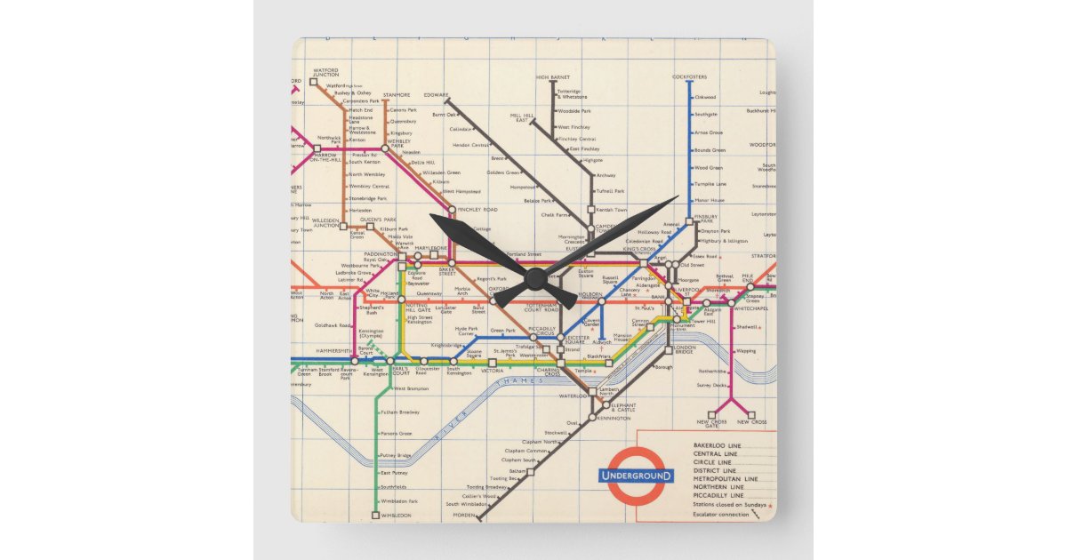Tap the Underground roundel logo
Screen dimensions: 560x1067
click(x=637, y=476)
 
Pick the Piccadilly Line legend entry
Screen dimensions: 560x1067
click(x=719, y=496)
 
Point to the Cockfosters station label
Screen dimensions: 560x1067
click(x=689, y=76)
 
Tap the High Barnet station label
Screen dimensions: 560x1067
click(x=553, y=77)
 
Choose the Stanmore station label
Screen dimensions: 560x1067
click(x=397, y=95)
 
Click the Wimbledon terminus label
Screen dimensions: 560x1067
click(x=396, y=516)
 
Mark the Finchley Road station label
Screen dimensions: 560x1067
click(x=477, y=210)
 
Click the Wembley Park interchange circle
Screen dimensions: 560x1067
click(x=385, y=148)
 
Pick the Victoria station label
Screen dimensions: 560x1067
click(x=492, y=371)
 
